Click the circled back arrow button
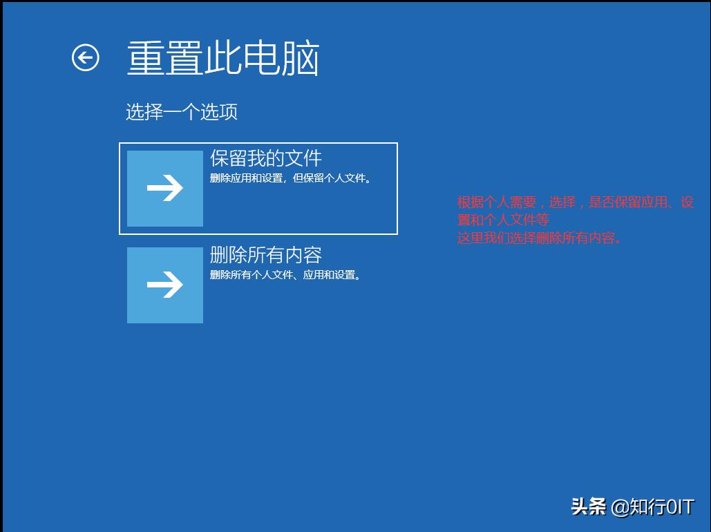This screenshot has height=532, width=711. [x=86, y=58]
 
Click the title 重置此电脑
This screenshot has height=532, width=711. [x=222, y=58]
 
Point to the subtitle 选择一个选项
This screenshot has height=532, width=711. [x=182, y=112]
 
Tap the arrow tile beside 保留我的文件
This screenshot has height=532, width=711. [x=165, y=189]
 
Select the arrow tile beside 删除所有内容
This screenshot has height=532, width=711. [x=165, y=285]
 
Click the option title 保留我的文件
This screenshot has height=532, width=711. [x=266, y=158]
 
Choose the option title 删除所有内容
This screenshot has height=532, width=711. [x=266, y=255]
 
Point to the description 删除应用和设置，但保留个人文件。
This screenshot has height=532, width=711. [x=291, y=178]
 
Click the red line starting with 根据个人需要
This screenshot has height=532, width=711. [x=576, y=202]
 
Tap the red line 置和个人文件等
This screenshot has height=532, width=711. [x=503, y=220]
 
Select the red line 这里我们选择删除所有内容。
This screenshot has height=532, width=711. [x=540, y=238]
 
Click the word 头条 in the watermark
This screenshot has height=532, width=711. [x=589, y=506]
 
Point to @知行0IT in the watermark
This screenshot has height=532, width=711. [x=652, y=507]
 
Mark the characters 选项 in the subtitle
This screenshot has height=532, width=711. [x=219, y=112]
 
